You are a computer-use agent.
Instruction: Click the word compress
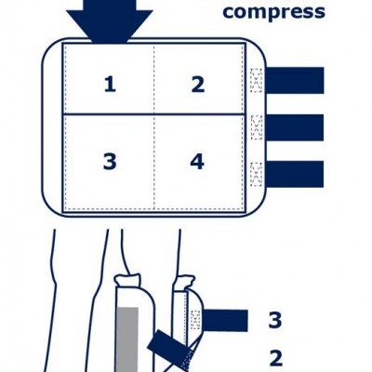tap(274, 12)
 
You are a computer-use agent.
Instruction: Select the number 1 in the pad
tap(110, 85)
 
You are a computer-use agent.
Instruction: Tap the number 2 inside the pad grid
tap(197, 85)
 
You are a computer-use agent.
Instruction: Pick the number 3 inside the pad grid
tap(110, 162)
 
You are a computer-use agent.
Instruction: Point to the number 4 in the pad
tap(197, 162)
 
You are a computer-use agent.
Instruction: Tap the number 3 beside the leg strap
tap(274, 321)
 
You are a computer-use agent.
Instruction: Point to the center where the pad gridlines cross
tap(153, 114)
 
